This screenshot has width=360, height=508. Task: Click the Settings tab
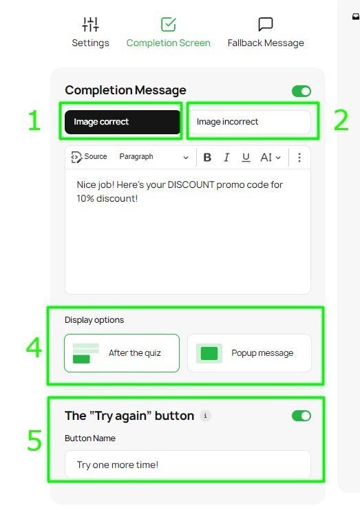pos(90,32)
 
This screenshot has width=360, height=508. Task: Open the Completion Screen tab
pos(168,32)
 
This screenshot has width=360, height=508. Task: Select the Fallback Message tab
pos(266,32)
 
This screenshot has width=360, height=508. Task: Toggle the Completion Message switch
pos(301,91)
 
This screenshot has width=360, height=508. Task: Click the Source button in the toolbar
pos(89,157)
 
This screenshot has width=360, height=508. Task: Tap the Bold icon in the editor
pos(207,158)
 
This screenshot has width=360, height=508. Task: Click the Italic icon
pos(226,158)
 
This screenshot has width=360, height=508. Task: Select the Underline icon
pos(246,158)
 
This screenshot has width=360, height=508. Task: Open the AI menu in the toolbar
pos(270,158)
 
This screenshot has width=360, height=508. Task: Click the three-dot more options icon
pos(299,158)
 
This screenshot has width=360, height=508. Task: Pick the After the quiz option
pos(122,353)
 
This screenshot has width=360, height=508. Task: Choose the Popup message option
pos(249,353)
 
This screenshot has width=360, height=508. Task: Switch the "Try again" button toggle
pos(301,416)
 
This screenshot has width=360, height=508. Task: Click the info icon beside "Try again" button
pos(205,416)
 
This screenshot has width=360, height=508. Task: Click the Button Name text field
pos(187,465)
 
